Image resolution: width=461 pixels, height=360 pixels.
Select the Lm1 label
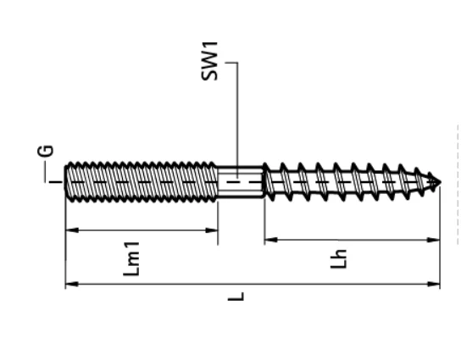[x=141, y=259]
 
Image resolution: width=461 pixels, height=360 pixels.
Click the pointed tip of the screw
[x=438, y=181]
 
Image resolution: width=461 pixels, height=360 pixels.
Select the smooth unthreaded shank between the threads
[x=242, y=181]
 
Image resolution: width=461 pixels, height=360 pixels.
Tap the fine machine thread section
[x=140, y=181]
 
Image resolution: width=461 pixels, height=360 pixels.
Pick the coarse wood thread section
[x=347, y=181]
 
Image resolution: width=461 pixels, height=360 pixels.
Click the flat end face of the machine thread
[x=67, y=181]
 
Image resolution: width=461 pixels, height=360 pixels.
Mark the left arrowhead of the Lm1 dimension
[x=70, y=230]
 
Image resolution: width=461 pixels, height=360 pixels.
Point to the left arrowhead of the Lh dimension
[x=269, y=241]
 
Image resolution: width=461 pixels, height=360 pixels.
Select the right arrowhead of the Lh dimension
[x=436, y=241]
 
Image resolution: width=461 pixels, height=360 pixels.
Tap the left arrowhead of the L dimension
[x=70, y=284]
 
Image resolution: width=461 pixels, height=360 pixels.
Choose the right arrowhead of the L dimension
[x=436, y=284]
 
